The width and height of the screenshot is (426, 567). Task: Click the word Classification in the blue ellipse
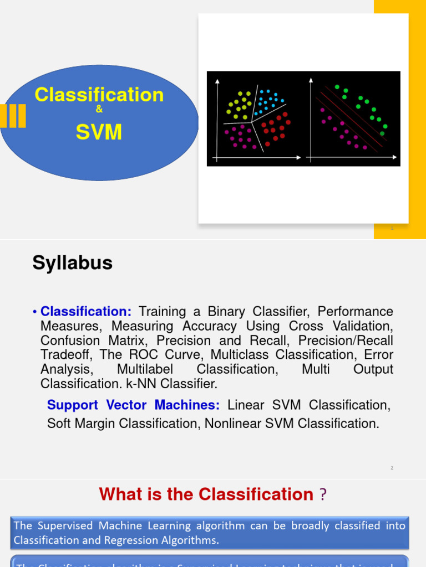coord(99,95)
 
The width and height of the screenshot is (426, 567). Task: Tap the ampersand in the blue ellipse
coord(99,110)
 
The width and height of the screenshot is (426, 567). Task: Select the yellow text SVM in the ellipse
coord(99,132)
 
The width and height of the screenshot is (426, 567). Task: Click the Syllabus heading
coord(72,263)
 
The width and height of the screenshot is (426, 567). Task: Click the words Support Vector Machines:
coord(133,405)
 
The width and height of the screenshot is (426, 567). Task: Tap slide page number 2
coord(392,468)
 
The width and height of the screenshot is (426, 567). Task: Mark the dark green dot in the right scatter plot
coord(382,133)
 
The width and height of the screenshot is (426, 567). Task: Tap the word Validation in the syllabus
coord(362,326)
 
